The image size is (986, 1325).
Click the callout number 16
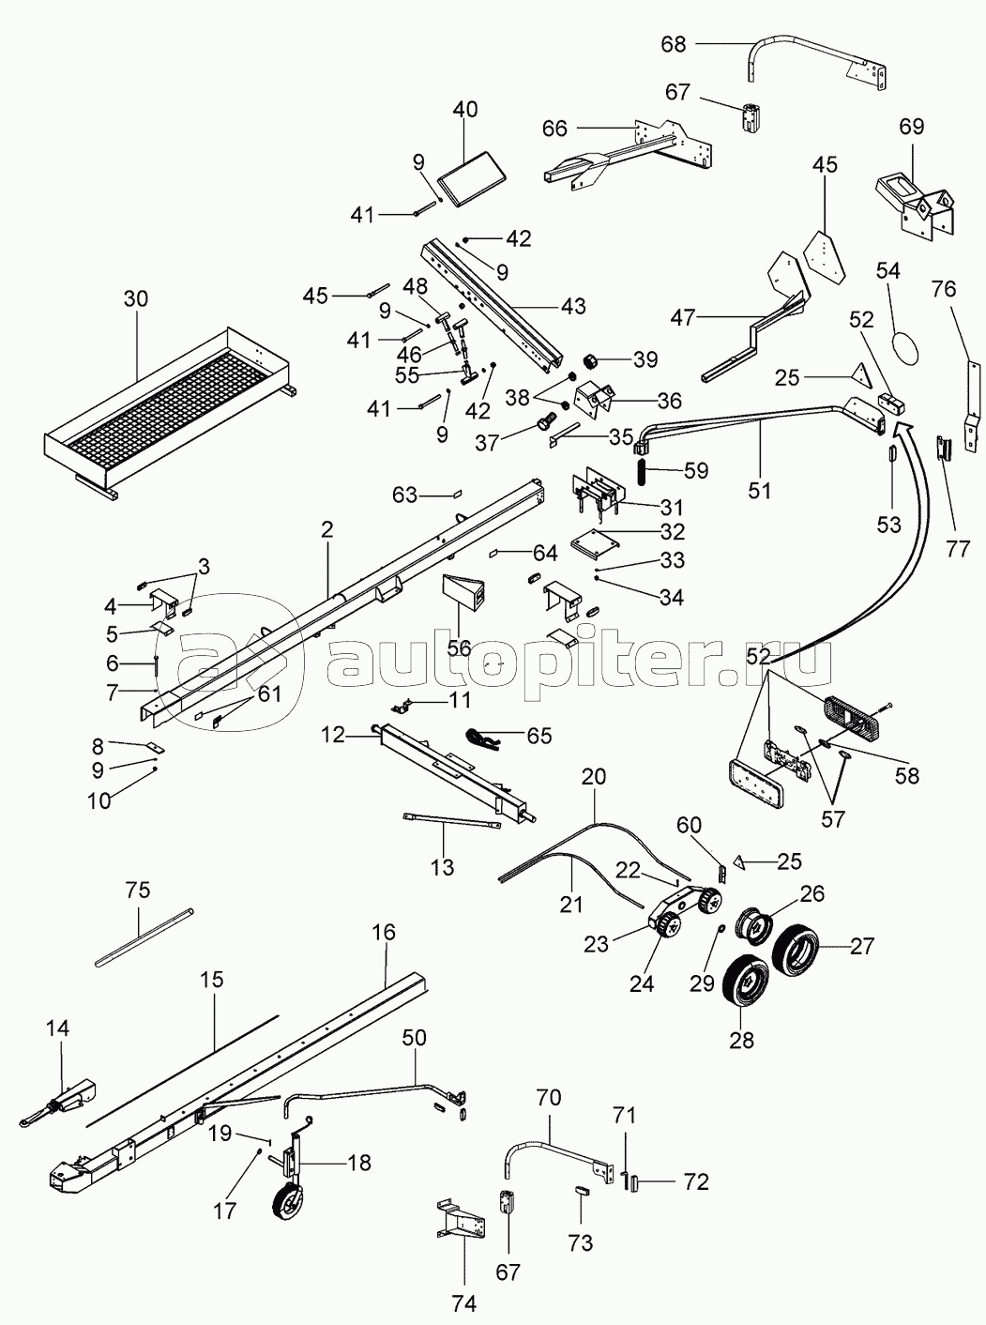(x=384, y=934)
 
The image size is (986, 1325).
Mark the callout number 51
(x=760, y=489)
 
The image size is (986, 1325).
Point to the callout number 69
(x=912, y=126)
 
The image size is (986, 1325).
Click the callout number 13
(x=440, y=867)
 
